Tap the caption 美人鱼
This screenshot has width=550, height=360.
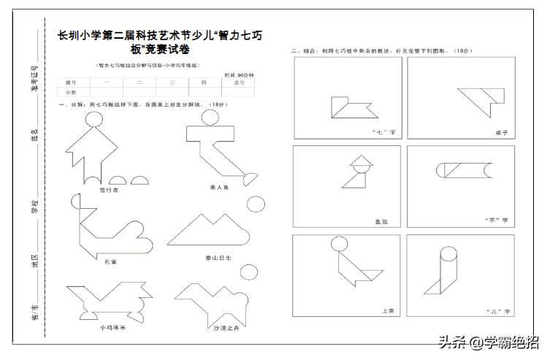click(220, 188)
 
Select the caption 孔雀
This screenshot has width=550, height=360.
click(110, 261)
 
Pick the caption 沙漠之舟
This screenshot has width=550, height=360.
click(226, 328)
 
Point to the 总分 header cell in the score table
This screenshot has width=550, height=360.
click(238, 83)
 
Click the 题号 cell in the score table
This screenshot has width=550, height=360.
click(72, 83)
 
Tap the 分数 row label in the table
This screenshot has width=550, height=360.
click(72, 93)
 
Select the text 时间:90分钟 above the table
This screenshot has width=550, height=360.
click(239, 75)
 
